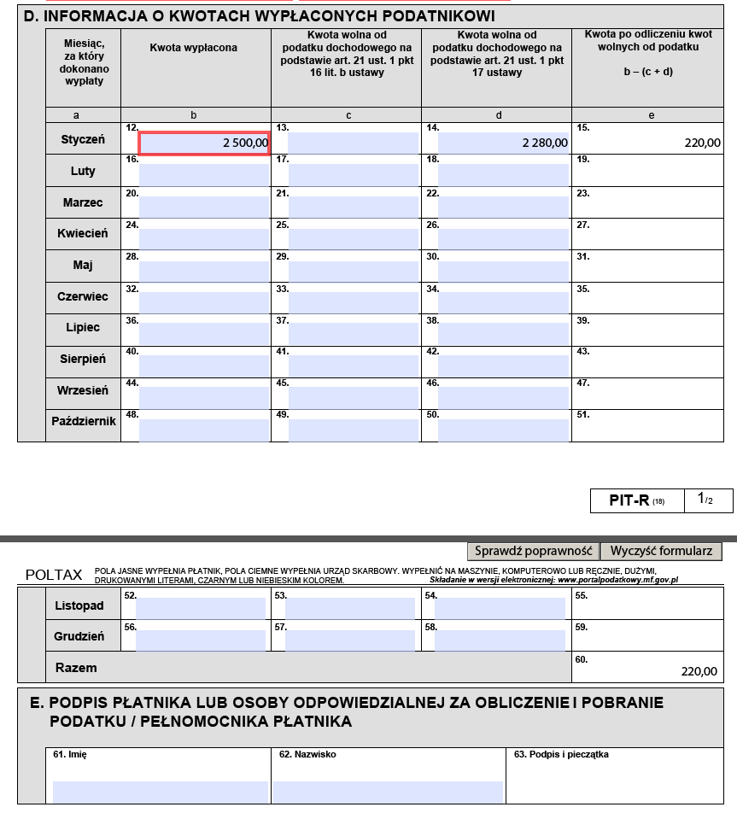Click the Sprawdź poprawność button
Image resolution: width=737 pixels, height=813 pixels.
coord(533,551)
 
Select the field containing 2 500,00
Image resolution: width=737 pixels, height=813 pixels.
coord(204,143)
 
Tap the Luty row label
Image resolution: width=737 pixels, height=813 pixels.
coord(83,171)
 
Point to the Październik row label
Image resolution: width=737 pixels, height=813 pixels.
coord(83,421)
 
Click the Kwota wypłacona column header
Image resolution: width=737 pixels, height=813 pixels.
coord(194,48)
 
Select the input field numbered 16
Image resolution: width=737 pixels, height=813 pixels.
coord(204,174)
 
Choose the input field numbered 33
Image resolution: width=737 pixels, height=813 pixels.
coord(354,301)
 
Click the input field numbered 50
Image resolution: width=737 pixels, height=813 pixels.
coord(503,428)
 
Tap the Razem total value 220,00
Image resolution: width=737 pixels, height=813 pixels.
coord(699,671)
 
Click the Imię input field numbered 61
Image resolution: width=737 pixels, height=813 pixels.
coord(160,791)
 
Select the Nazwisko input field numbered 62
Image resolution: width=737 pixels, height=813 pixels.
coord(388,791)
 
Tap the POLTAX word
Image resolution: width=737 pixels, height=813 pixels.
coord(54,575)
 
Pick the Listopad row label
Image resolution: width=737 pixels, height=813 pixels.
coord(79,605)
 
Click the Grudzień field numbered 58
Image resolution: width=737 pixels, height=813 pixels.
coord(500,640)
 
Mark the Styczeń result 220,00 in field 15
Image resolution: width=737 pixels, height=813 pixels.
coord(702,143)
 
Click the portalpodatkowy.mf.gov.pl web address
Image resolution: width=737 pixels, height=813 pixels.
coord(617,580)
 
